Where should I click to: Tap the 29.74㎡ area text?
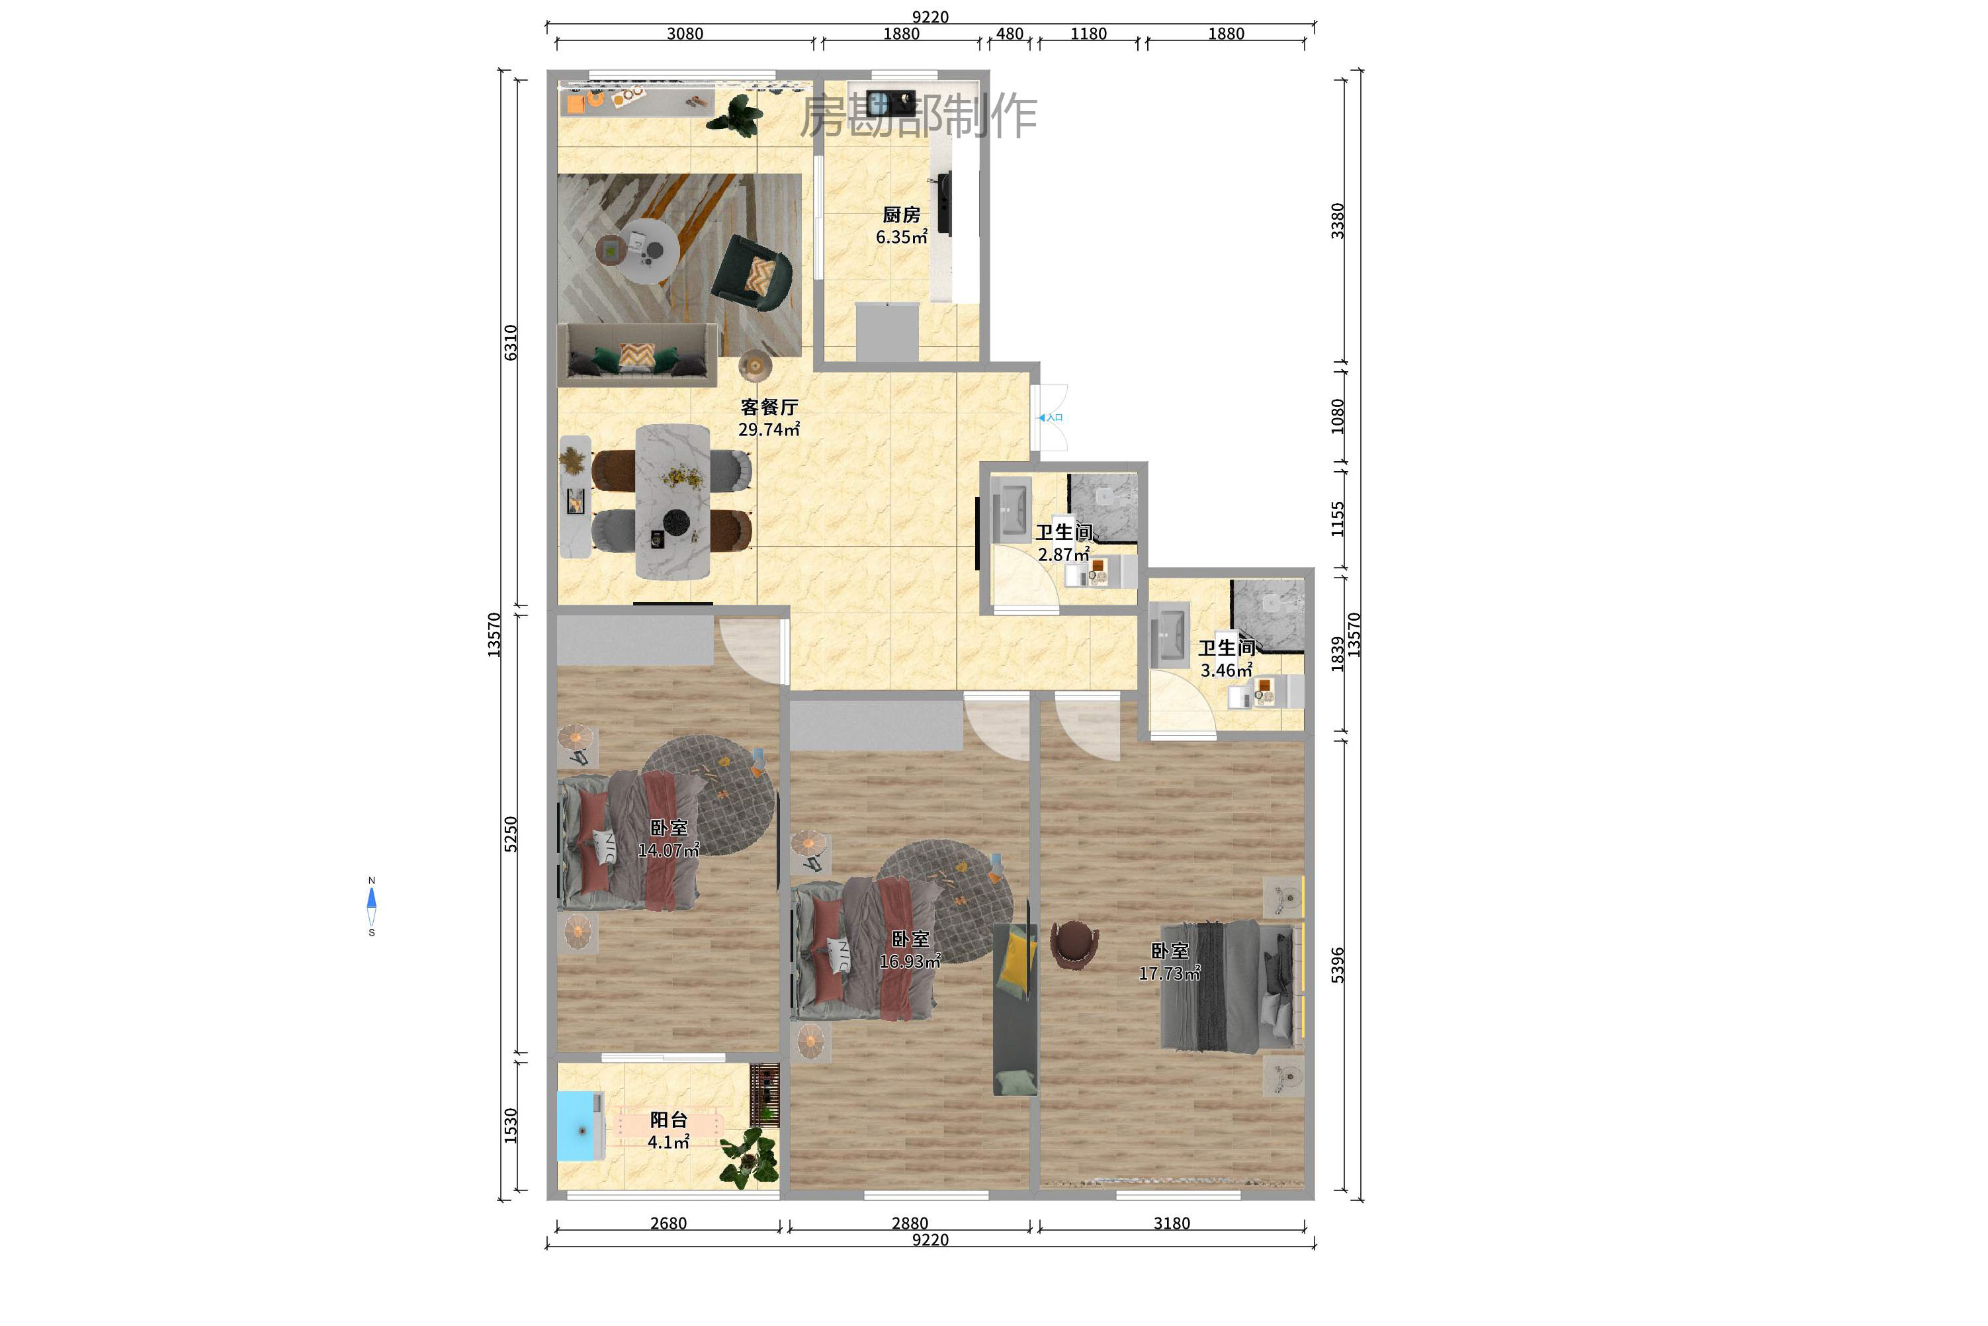(x=768, y=429)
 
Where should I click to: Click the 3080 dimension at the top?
(x=684, y=34)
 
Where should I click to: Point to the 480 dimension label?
(x=1009, y=34)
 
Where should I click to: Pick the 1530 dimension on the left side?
(x=511, y=1125)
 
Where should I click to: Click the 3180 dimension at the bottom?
(x=1171, y=1223)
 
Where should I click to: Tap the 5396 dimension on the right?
(x=1337, y=964)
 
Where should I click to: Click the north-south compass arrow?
(x=371, y=906)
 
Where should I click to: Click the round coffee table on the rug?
(x=647, y=251)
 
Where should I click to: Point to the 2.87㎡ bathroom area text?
(x=1063, y=554)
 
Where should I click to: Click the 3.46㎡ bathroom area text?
(x=1225, y=671)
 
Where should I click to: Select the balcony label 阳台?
(x=668, y=1120)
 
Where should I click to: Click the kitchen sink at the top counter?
(x=890, y=103)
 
